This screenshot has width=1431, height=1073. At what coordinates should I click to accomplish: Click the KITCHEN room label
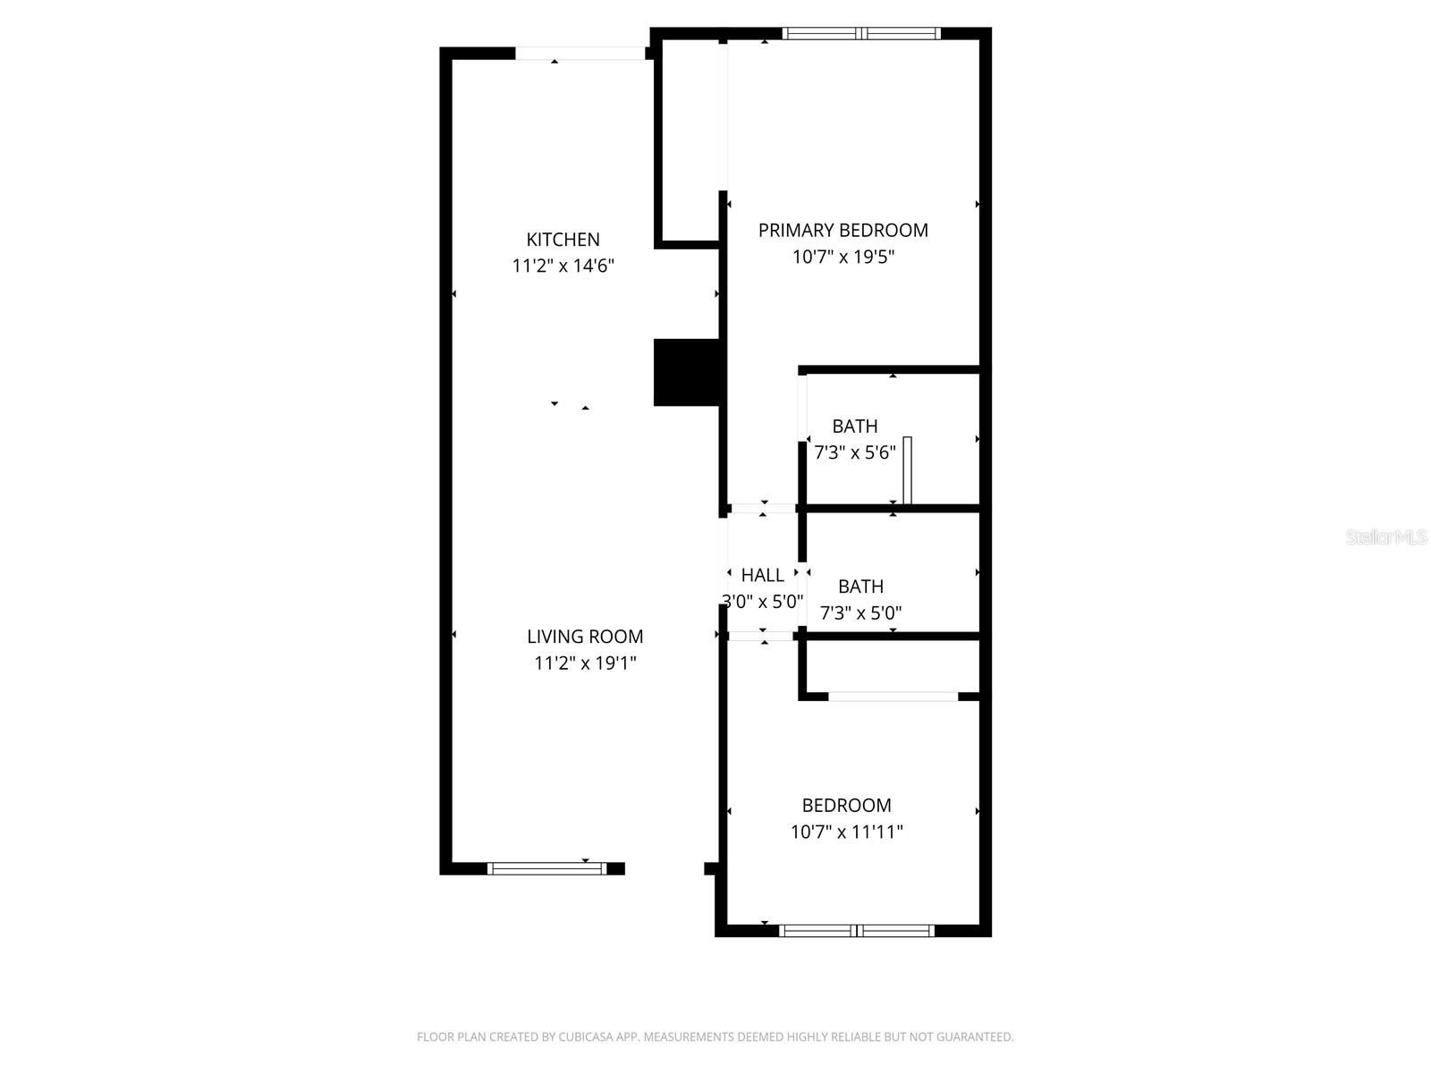point(563,240)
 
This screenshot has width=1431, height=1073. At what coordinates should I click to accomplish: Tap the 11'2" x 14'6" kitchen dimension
point(563,266)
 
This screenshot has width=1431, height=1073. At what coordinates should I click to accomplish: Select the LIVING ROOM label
point(585,637)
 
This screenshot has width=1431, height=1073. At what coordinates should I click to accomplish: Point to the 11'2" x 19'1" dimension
point(585,663)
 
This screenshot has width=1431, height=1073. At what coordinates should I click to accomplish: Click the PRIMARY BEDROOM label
point(843,231)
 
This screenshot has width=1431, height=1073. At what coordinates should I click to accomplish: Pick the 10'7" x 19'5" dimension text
point(843,258)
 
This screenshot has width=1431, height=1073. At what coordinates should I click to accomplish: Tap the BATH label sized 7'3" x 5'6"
point(854,427)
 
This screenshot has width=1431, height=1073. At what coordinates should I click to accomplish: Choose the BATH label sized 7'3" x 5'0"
point(860,587)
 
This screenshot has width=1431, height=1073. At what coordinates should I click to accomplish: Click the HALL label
point(762,575)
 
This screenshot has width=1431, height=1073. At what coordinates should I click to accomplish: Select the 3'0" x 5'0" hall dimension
point(762,602)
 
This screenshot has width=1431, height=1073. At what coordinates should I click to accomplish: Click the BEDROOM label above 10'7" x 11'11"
point(846,805)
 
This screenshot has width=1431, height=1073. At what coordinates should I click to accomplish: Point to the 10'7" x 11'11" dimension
point(846,832)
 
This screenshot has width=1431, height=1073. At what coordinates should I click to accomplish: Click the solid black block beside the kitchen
point(686,372)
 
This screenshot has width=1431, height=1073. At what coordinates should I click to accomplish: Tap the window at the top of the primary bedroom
point(861,34)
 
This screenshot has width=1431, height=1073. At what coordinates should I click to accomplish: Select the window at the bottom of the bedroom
point(857,931)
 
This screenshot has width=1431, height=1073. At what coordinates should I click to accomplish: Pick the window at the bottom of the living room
point(546,868)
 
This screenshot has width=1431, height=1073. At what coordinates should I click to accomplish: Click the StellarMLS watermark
point(1386,537)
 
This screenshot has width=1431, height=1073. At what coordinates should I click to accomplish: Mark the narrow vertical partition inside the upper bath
point(908,470)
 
